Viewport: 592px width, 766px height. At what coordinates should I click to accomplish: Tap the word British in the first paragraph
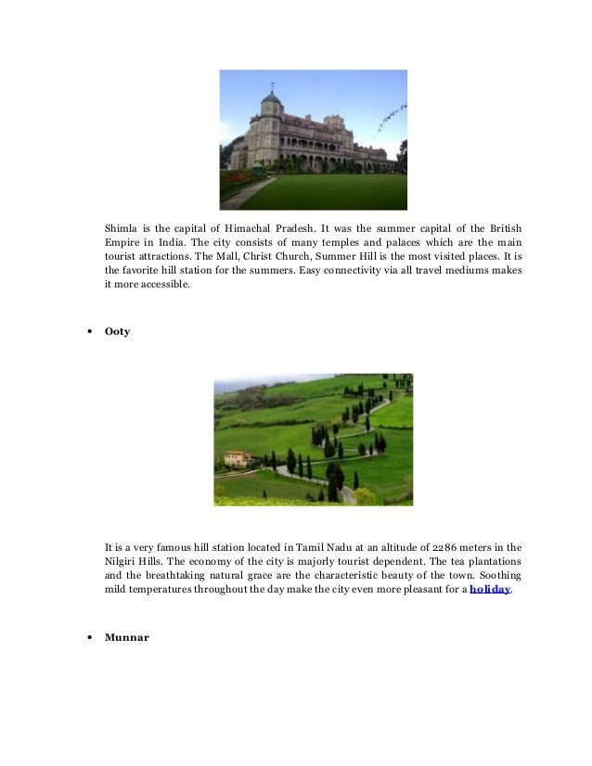pyautogui.click(x=503, y=228)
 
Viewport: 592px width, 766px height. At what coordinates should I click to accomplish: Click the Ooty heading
pyautogui.click(x=117, y=330)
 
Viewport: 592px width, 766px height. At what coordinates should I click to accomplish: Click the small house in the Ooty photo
pyautogui.click(x=238, y=457)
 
